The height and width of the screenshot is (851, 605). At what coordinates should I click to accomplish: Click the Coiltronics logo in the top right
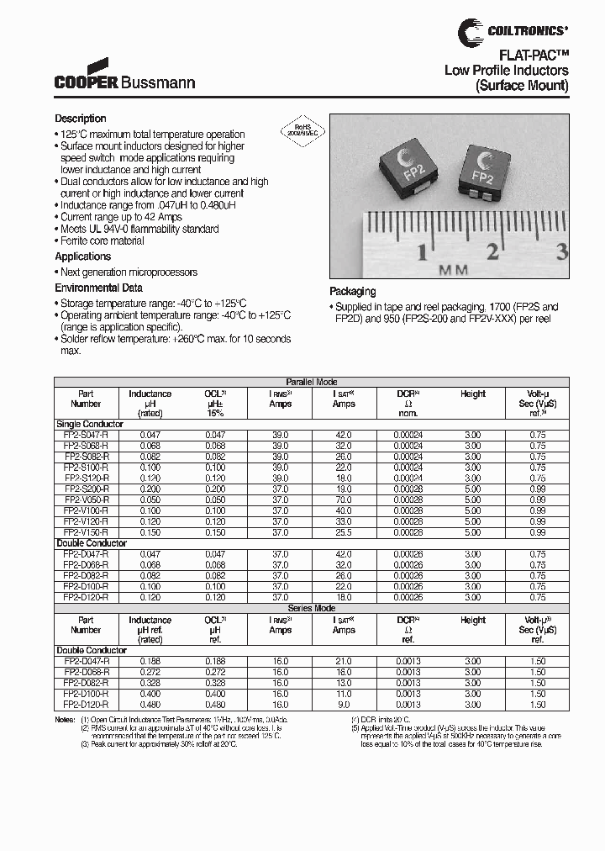513,31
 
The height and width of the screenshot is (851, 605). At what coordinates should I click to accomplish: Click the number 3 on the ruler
562,250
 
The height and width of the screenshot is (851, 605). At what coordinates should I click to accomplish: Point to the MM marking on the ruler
453,270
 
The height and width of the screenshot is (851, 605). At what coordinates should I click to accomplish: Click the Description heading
81,119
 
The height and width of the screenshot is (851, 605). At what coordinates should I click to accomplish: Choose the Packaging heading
353,292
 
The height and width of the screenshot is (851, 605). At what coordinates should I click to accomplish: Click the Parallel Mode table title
312,382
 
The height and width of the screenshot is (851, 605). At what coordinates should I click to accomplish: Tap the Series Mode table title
312,608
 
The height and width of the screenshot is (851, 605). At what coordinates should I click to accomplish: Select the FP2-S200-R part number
86,489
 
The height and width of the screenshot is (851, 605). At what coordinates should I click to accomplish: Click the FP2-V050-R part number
86,499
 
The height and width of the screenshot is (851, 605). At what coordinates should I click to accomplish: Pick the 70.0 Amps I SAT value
344,499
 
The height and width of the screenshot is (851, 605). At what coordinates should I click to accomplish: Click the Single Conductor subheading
89,424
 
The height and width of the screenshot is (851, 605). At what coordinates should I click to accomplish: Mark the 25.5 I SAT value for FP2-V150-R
344,532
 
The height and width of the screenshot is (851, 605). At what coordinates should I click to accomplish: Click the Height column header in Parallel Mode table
473,394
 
